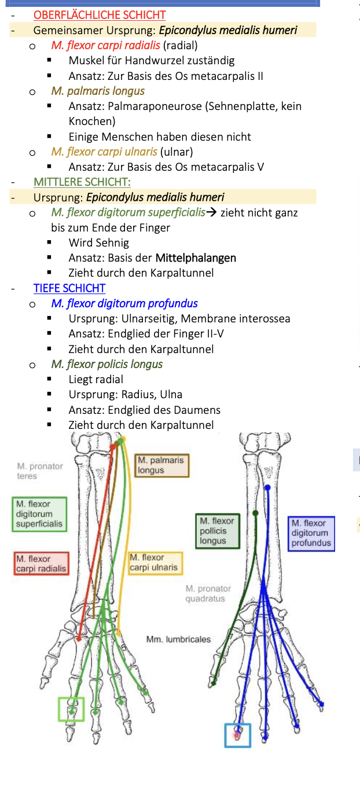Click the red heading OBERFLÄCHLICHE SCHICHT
click(x=100, y=15)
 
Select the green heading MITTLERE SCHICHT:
click(x=82, y=182)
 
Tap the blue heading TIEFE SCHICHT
click(x=69, y=288)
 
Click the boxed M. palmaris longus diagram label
click(x=161, y=465)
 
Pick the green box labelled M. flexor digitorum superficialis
click(x=39, y=514)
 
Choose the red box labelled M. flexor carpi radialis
click(x=41, y=564)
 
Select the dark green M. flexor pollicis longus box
click(x=217, y=531)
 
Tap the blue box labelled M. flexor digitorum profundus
click(x=311, y=533)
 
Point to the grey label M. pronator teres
click(x=39, y=471)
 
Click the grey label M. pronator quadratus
click(x=208, y=593)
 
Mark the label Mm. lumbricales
click(x=178, y=640)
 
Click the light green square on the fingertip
click(x=71, y=710)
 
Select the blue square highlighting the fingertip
click(x=237, y=735)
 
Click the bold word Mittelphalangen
click(x=196, y=258)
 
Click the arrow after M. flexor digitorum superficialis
click(x=212, y=212)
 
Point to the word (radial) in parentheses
click(x=181, y=45)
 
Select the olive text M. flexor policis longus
click(x=106, y=364)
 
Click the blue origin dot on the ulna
click(x=267, y=487)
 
